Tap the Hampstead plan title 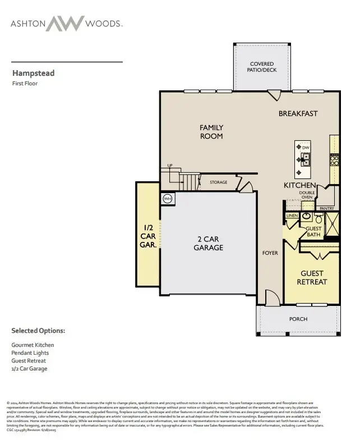click(34, 73)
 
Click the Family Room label click(211, 132)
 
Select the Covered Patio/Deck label click(262, 67)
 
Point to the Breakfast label click(298, 113)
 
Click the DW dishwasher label click(306, 147)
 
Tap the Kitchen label click(300, 185)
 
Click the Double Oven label click(307, 195)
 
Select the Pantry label click(326, 209)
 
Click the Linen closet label click(292, 216)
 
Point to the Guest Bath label click(313, 231)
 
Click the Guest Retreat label click(312, 277)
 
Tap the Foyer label click(270, 253)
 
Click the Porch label click(298, 319)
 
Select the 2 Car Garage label click(209, 243)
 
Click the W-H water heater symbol click(168, 199)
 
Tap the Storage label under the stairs click(219, 182)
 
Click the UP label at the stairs click(169, 166)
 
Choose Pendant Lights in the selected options click(29, 353)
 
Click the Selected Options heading click(38, 331)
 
